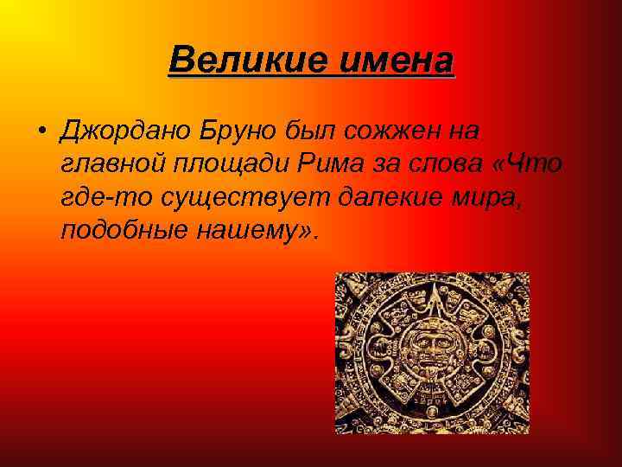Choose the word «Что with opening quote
[532, 163]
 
